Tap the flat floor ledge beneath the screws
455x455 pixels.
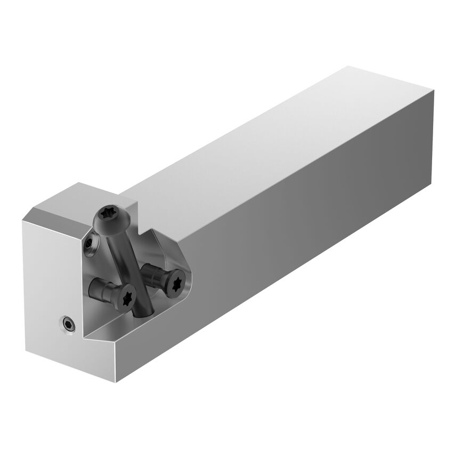coord(115,328)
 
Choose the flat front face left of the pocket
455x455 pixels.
coord(48,277)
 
